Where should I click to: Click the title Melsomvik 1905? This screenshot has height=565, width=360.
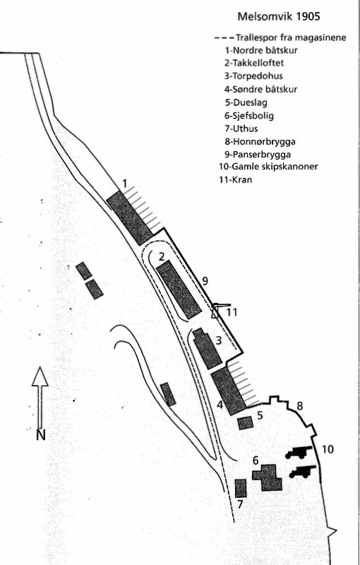click(x=279, y=16)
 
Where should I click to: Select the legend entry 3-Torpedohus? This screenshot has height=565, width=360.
click(x=253, y=76)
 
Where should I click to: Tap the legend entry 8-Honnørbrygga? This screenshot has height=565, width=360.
click(x=260, y=142)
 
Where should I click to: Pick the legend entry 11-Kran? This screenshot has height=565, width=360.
click(x=236, y=179)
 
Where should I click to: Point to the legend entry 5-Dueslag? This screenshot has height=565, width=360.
click(x=246, y=102)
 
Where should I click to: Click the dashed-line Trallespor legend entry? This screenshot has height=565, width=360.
click(x=280, y=37)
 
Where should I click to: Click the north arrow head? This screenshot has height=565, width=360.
click(x=40, y=376)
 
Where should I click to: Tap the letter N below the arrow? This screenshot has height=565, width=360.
click(x=41, y=435)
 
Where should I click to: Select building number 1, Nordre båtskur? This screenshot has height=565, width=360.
click(x=130, y=218)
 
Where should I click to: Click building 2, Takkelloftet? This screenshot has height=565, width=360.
click(x=178, y=290)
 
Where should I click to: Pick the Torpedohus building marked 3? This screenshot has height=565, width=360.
click(x=207, y=348)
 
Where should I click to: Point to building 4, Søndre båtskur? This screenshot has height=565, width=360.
click(x=228, y=391)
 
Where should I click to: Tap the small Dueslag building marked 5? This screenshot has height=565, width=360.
click(x=246, y=423)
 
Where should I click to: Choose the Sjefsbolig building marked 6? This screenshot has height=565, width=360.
click(x=268, y=477)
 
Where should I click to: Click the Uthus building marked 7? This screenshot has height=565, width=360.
click(x=241, y=489)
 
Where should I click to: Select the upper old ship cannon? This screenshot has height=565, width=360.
click(x=298, y=452)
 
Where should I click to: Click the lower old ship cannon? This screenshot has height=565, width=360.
click(x=302, y=472)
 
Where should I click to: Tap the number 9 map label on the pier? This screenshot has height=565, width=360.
click(x=205, y=280)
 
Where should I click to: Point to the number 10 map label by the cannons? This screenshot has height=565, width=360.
click(x=328, y=449)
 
